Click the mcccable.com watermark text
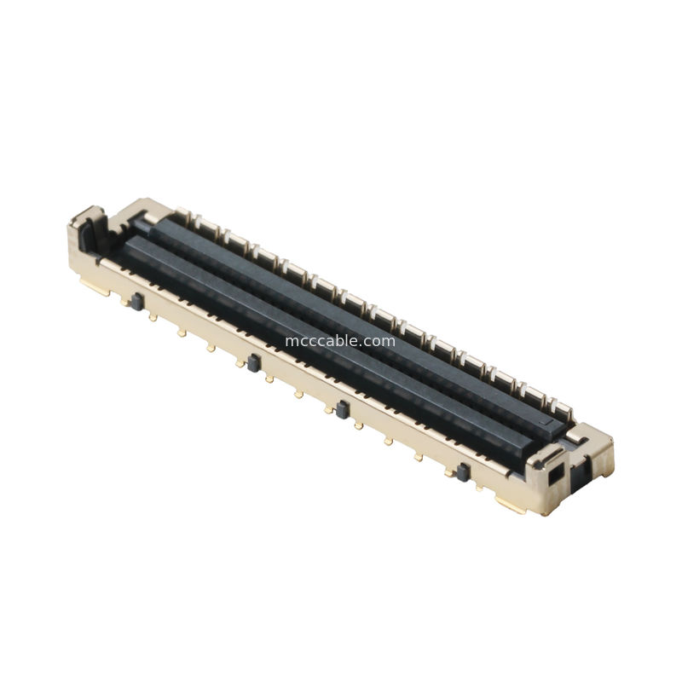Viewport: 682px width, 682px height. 340,341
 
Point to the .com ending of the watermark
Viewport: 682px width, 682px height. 380,341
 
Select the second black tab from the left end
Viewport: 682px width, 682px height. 252,362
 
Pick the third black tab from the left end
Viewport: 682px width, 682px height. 342,411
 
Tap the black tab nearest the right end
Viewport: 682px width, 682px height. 463,472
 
